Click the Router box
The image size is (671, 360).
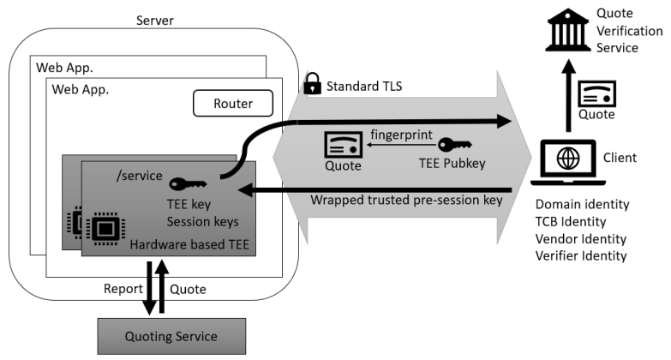[231, 105]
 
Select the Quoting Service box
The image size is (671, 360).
[171, 335]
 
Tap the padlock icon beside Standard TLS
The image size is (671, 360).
[312, 85]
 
